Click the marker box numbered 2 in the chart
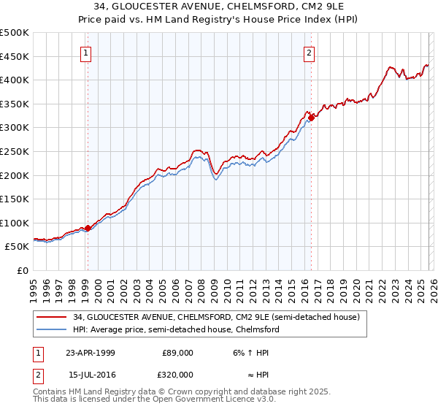[x=310, y=53]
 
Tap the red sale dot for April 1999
[x=88, y=228]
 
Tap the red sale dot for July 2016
[x=311, y=117]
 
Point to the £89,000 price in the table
[x=177, y=353]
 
